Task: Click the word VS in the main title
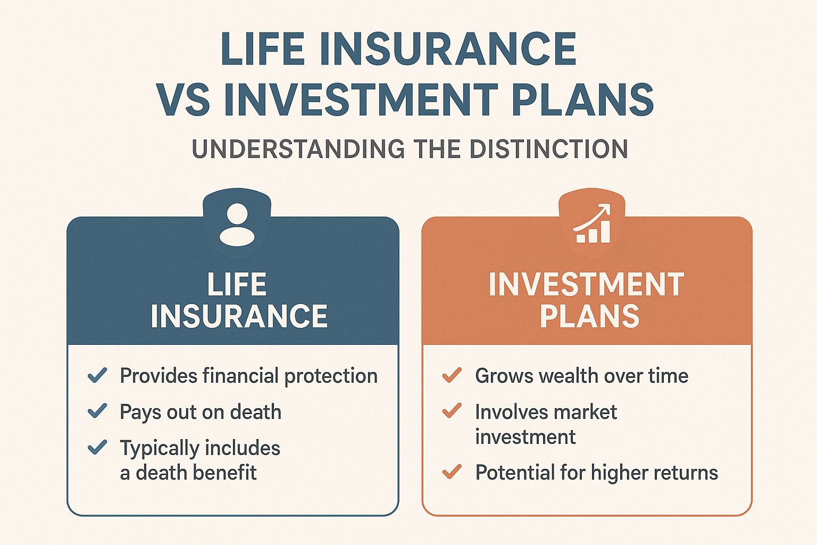click(x=183, y=100)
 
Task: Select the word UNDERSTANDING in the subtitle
click(x=298, y=148)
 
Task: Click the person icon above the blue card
click(x=237, y=224)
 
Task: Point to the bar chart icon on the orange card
click(x=593, y=232)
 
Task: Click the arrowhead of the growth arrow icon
click(x=605, y=209)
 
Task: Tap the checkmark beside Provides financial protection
click(x=97, y=375)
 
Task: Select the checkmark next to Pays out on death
click(x=97, y=411)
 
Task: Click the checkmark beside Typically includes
click(x=97, y=447)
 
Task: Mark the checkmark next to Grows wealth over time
click(x=452, y=375)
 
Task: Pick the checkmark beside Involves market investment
click(x=452, y=411)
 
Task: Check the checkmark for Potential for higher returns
click(x=452, y=471)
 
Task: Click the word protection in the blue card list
click(x=331, y=376)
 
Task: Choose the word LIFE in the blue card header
click(x=237, y=284)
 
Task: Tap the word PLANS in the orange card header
click(x=589, y=316)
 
